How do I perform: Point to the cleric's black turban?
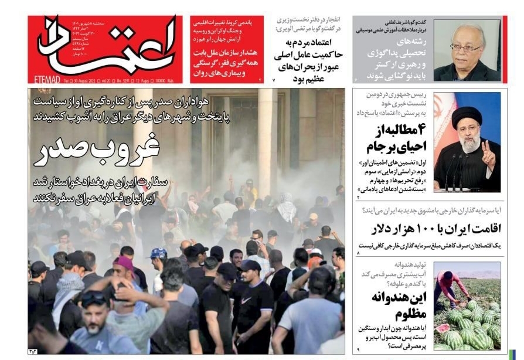[x=467, y=115]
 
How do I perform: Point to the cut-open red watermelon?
[x=443, y=327]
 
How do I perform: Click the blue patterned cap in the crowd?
[x=159, y=253]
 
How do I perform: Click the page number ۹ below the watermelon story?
[x=358, y=349]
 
